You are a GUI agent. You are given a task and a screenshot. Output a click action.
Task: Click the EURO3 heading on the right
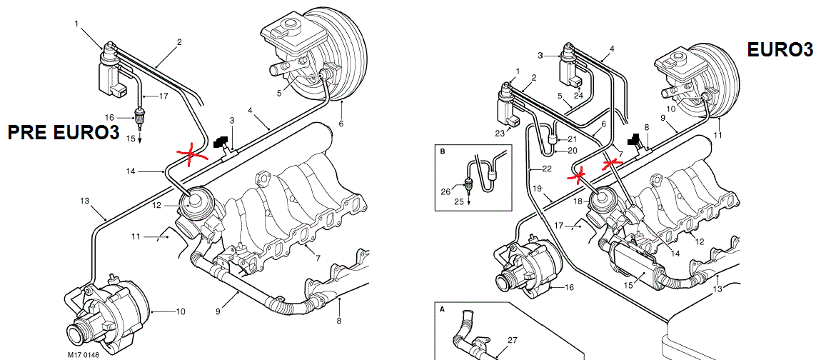point(780,49)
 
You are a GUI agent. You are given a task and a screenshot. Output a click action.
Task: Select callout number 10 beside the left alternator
point(180,311)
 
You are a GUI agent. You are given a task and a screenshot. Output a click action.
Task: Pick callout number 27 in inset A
point(513,340)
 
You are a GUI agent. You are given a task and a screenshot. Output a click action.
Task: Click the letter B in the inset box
point(443,152)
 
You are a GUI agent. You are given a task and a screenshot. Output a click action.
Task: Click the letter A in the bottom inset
point(443,310)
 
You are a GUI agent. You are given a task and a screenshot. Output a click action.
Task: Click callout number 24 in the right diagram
point(578,94)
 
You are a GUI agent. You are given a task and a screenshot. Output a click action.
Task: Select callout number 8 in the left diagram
point(339,321)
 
